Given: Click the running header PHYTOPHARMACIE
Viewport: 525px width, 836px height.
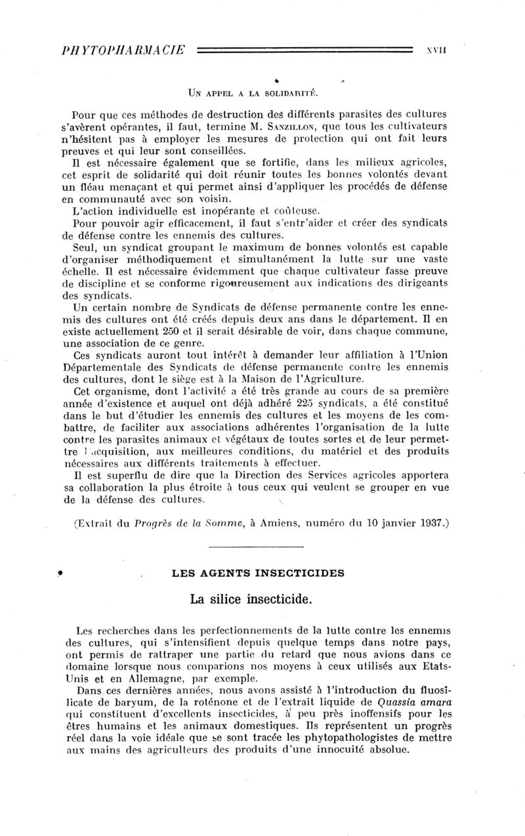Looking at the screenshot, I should (119, 50).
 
